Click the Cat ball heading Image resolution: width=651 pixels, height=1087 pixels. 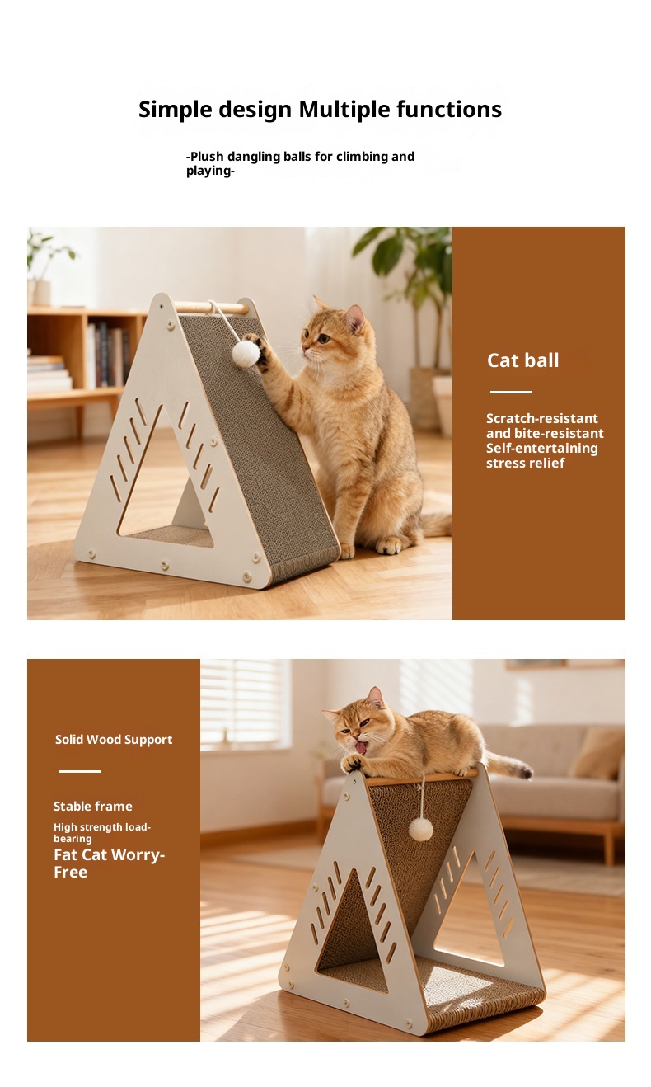point(522,360)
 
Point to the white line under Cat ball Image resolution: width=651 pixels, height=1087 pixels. point(511,392)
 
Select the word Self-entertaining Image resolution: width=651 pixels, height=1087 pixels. point(542,448)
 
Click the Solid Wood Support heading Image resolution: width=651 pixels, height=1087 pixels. point(114,740)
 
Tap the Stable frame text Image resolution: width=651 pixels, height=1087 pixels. point(92,806)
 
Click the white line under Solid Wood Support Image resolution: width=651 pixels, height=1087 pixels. point(79,771)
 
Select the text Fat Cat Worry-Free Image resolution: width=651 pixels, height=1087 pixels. point(109,863)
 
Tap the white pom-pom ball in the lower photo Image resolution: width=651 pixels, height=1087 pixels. point(420,830)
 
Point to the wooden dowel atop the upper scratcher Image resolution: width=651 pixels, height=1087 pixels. point(211,308)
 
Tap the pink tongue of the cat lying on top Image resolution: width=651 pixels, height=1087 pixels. point(361,748)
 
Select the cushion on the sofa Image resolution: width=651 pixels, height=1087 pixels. point(597,754)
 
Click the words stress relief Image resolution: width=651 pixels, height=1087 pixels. point(526,463)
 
